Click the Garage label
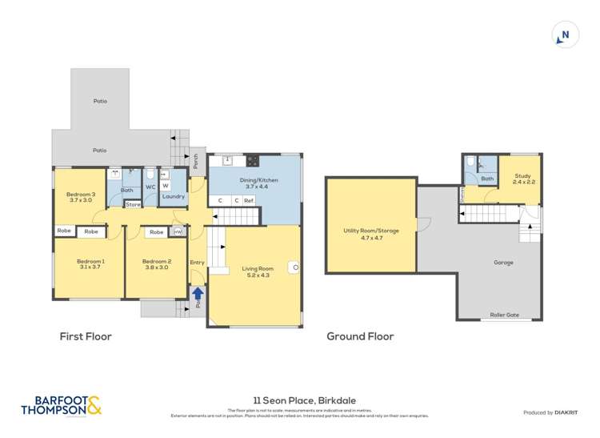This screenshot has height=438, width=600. (503, 262)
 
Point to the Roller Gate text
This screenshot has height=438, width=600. (504, 315)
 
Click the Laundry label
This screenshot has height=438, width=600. (174, 196)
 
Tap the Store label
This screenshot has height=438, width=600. (133, 205)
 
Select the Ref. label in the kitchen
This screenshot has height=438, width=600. (249, 200)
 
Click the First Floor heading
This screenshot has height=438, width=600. (86, 337)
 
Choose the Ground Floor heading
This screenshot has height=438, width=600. (360, 337)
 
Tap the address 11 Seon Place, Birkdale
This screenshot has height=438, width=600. (300, 406)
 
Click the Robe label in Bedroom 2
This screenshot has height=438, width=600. (157, 232)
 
